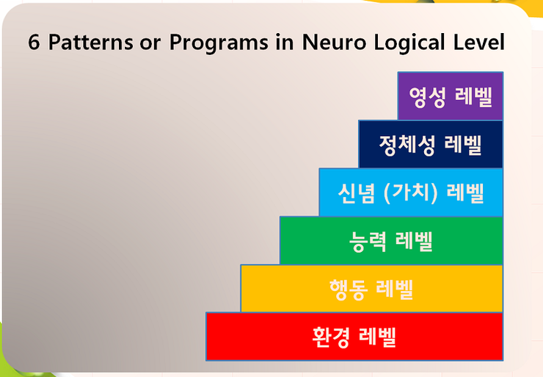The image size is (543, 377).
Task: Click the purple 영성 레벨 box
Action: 450,96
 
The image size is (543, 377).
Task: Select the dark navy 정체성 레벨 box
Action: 430,143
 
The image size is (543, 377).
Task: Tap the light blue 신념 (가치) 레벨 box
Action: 410,192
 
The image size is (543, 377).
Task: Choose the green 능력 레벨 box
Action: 390,240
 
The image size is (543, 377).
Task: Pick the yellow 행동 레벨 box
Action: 371,288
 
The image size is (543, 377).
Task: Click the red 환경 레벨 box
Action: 354,336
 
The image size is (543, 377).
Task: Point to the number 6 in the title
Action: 34,43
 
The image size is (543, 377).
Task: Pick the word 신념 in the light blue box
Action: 357,193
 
